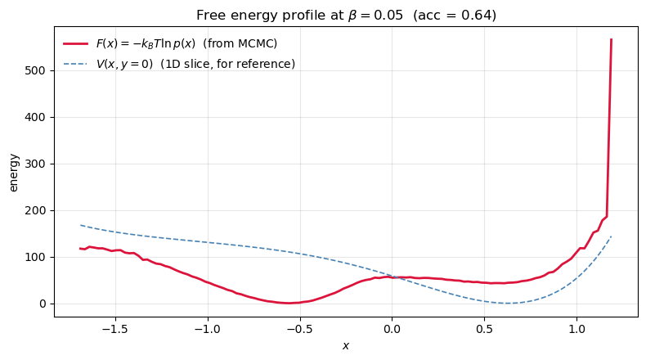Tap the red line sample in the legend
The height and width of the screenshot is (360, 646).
click(x=76, y=43)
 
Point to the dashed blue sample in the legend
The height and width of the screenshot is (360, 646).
click(x=76, y=64)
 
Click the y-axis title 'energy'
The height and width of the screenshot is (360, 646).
click(x=13, y=172)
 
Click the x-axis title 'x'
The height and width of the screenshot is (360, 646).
click(x=346, y=346)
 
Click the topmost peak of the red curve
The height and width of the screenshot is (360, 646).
click(x=611, y=39)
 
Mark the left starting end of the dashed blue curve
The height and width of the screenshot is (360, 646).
click(x=80, y=225)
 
